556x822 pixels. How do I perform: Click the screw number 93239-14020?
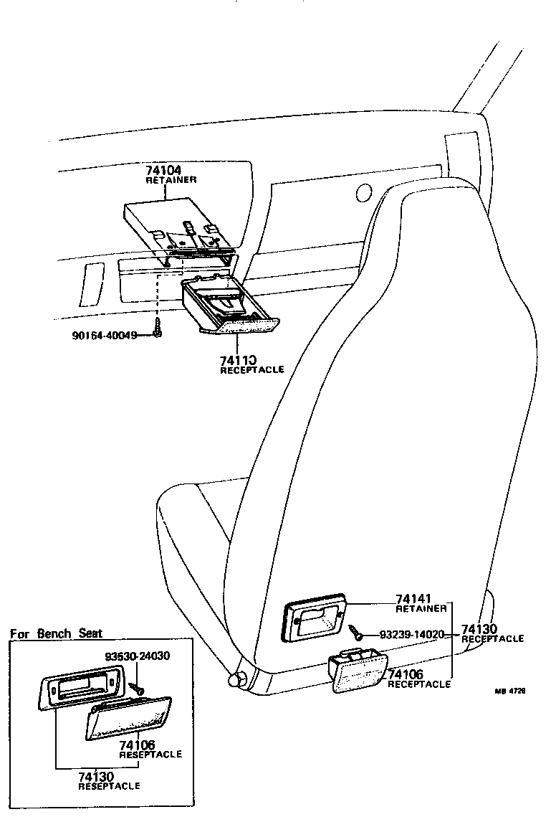tap(412, 634)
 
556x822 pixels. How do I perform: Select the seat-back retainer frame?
tap(315, 618)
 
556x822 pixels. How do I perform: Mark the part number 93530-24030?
tap(137, 656)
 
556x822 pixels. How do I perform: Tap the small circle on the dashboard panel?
tap(363, 192)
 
